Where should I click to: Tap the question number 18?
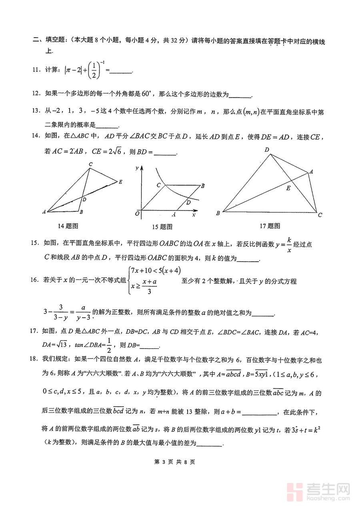coord(37,361)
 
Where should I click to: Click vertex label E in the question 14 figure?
coord(120,182)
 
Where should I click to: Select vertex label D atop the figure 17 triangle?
coord(266,150)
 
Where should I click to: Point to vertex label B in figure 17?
coord(218,213)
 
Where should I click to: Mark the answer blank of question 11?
coord(120,71)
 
